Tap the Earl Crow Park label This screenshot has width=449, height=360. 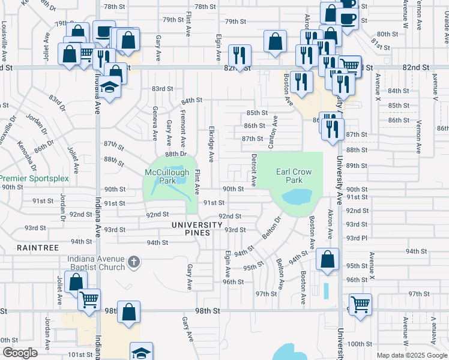click(x=294, y=176)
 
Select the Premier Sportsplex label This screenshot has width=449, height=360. click(x=34, y=178)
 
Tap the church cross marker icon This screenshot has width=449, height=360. click(x=133, y=262)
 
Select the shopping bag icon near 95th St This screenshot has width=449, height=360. click(x=328, y=260)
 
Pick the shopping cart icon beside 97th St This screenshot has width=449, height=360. click(x=360, y=304)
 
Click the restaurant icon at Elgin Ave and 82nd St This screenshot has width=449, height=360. click(x=240, y=56)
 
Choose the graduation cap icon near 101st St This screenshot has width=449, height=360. click(x=141, y=352)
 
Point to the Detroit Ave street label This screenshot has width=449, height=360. click(x=254, y=169)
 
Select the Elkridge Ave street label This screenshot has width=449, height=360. click(x=211, y=144)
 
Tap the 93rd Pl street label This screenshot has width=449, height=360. click(x=356, y=238)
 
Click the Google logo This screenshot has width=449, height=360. click(x=20, y=353)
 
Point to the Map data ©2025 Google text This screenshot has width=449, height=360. click(x=411, y=355)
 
